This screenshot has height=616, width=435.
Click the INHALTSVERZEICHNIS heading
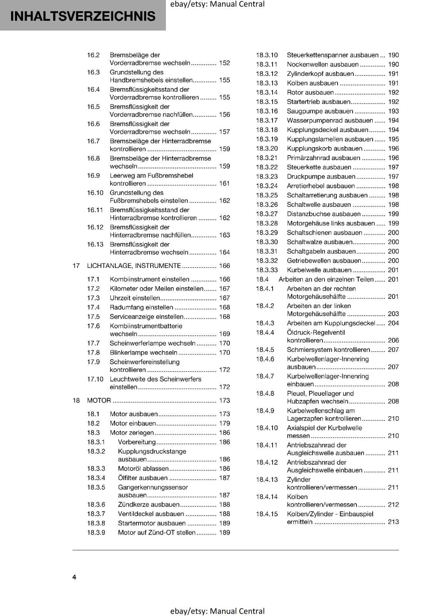tap(83, 16)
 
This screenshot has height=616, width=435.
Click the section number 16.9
tap(93, 176)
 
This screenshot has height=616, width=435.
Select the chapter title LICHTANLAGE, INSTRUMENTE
tap(134, 266)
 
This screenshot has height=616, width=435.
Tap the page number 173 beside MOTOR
tap(224, 400)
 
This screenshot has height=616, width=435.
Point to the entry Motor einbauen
tap(133, 423)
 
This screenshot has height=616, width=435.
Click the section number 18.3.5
tap(96, 487)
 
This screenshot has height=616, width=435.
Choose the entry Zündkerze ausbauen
tap(149, 504)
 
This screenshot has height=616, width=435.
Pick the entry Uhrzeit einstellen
tap(135, 298)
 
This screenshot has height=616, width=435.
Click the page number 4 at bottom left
tap(74, 577)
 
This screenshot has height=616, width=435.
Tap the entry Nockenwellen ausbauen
tap(323, 64)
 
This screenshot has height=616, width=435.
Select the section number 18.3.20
tap(267, 149)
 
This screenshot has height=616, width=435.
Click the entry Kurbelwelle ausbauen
tap(319, 270)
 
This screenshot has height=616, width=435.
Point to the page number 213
tap(393, 522)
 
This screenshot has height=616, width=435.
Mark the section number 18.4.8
tap(265, 393)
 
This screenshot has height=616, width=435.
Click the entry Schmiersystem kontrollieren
tap(328, 350)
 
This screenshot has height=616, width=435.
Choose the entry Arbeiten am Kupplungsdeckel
tap(331, 323)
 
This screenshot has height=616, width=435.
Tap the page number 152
tap(224, 63)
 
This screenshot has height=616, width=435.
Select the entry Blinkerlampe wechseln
tap(143, 352)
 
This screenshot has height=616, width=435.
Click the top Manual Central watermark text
tap(217, 4)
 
